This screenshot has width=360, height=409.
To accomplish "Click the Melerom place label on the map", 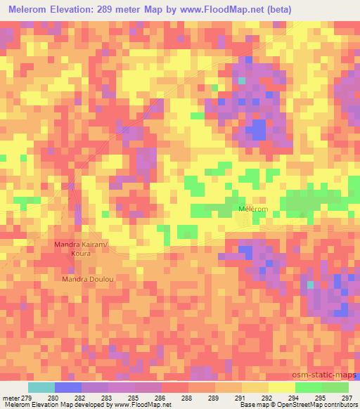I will [x=252, y=209].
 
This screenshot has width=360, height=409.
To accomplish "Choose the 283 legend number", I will [x=106, y=398].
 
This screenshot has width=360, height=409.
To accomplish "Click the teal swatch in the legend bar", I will [x=41, y=387].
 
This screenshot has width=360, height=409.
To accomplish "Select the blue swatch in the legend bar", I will [x=68, y=387].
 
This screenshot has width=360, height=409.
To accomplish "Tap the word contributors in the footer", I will [x=340, y=405].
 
